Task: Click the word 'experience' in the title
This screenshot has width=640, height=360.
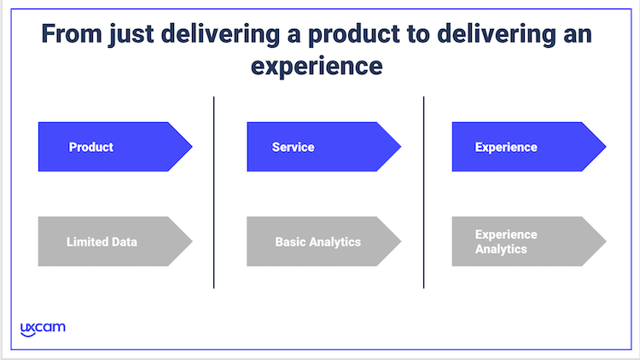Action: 317,67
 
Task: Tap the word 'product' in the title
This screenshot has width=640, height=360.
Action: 354,34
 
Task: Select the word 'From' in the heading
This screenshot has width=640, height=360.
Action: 72,33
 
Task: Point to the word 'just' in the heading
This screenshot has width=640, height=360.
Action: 131,34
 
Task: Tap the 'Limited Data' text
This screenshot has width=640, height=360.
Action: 102,242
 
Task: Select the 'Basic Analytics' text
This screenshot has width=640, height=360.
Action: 318,242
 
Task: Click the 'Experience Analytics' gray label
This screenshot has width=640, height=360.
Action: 506,241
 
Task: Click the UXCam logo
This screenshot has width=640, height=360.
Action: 43,329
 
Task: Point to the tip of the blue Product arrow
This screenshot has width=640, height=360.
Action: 192,147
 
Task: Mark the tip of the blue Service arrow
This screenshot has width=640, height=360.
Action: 401,147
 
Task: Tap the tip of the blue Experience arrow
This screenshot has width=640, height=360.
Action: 606,147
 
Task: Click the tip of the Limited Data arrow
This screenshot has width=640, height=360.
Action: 192,241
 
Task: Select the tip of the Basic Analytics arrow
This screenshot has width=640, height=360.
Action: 401,241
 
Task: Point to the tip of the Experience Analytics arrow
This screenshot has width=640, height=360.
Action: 606,241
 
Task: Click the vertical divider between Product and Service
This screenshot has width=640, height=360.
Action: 214,192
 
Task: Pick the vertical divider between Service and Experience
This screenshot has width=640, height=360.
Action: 423,192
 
